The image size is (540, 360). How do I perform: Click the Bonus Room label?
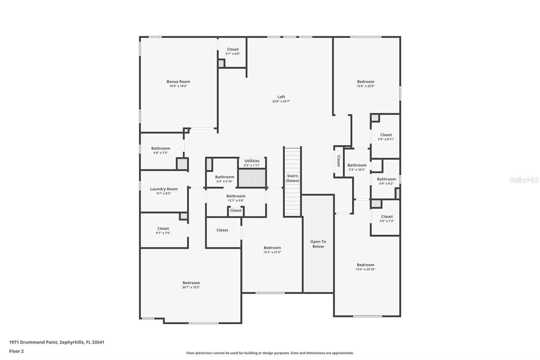coord(178,81)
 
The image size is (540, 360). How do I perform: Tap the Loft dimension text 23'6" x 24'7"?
coord(281,101)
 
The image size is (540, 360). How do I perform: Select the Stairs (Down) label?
coord(292,178)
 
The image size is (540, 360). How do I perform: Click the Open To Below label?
coord(318,244)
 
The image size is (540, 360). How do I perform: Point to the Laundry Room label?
coord(164,189)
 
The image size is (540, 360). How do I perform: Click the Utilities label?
coord(252,161)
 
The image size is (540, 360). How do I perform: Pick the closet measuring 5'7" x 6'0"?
coord(233,51)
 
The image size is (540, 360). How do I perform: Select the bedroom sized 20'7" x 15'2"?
coord(191,285)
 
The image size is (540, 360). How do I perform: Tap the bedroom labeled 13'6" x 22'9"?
coord(366,83)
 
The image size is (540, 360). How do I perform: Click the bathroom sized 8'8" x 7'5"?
coord(161,150)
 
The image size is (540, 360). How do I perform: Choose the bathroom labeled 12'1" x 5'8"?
coord(236,198)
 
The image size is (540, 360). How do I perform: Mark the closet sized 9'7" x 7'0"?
coord(163,230)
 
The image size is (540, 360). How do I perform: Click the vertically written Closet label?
coord(339,161)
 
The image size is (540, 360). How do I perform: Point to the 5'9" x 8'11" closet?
coord(386,137)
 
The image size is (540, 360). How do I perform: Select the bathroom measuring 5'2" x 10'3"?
coord(357,167)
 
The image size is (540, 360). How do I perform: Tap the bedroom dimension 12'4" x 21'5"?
coord(272,252)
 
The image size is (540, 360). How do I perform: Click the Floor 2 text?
coord(16,351)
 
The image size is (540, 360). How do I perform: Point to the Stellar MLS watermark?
coord(524,180)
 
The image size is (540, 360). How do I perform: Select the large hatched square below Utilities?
coord(252,178)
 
